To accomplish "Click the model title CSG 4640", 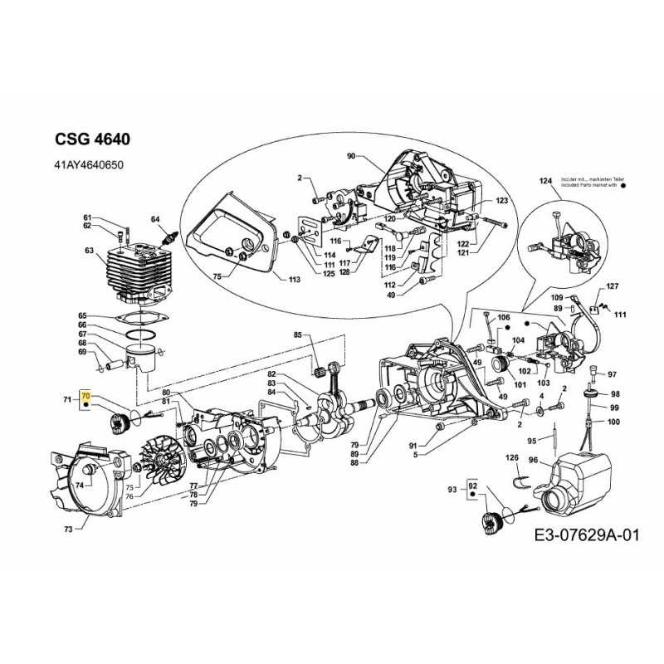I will pos(91,139).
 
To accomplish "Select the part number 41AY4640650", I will pos(89,165).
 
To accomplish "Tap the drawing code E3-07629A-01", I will pos(587,535).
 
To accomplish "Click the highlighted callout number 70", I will pos(85,398).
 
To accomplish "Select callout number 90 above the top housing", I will pos(350,156).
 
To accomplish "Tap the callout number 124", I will pos(545,181).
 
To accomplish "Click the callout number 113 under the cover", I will pos(294,281).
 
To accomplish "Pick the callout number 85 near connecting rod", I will pos(297,335).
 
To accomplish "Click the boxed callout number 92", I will pos(473,485).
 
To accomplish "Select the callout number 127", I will pos(613,286).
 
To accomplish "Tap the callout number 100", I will pos(613,422).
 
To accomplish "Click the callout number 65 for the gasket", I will pos(82,315).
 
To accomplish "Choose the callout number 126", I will pos(512,457).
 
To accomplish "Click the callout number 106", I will pos(503,318).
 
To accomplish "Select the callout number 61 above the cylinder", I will pos(86,217).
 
